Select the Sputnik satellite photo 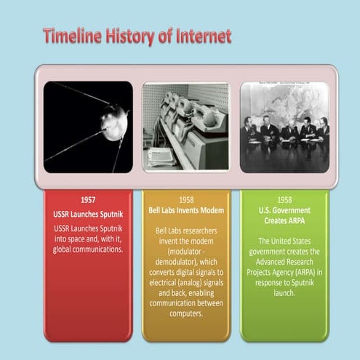[x=88, y=127]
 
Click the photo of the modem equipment [x=185, y=127]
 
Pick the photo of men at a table [x=284, y=127]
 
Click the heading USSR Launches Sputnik [x=88, y=215]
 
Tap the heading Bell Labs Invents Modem [x=185, y=210]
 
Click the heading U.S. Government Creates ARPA [x=284, y=216]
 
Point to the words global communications [x=88, y=249]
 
